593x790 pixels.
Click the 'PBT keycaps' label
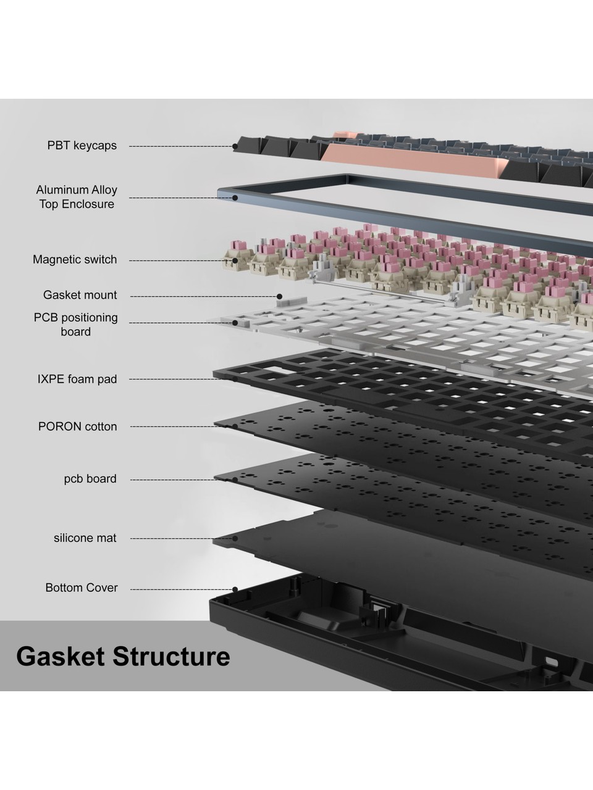82,146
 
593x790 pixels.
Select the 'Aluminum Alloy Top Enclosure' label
77,196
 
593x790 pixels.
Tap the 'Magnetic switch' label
75,259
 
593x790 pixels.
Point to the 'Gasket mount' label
80,295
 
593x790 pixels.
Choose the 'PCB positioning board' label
75,324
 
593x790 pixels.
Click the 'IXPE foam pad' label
77,378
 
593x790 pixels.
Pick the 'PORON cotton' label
77,426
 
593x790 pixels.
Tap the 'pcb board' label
90,479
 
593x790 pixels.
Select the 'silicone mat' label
85,538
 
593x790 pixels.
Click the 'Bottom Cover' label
82,588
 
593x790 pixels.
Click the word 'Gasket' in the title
61,657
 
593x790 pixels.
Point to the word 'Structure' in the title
171,657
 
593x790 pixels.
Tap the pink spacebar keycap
414,159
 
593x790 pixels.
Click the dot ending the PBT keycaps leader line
235,146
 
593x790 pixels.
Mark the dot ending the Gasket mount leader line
279,297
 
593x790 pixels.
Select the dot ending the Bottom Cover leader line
235,589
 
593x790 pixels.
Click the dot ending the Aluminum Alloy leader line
235,197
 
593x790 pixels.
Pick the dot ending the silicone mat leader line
235,538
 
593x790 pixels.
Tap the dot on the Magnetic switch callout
235,260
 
